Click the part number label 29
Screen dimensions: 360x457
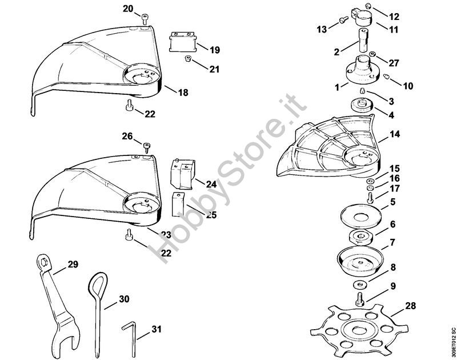point(73,264)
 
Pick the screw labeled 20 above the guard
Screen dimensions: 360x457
point(143,19)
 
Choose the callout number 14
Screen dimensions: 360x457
point(395,135)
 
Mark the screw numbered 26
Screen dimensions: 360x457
point(146,147)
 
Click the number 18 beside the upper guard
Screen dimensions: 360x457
point(183,92)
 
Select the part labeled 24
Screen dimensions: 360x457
point(183,173)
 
